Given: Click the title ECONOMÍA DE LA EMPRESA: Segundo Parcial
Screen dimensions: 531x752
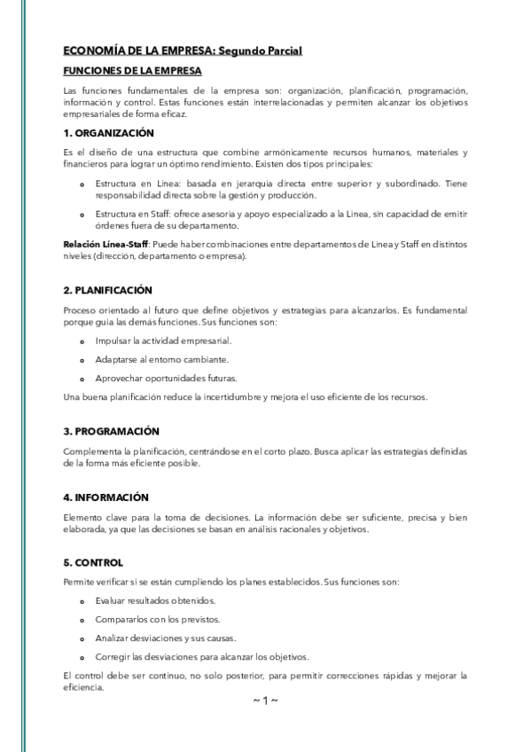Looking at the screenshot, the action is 183,51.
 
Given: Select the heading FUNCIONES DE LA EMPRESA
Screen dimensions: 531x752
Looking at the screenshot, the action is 133,70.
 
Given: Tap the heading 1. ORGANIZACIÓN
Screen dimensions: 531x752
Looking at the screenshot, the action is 109,133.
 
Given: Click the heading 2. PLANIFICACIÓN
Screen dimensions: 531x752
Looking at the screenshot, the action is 108,290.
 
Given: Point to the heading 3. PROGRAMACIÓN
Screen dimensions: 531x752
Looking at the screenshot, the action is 111,431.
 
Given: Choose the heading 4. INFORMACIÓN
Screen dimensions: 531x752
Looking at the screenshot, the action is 106,497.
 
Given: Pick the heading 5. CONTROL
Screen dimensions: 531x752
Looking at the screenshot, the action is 93,562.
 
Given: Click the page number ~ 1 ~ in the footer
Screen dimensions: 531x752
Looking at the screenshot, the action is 265,701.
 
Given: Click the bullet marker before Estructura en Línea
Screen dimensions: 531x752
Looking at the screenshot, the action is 82,184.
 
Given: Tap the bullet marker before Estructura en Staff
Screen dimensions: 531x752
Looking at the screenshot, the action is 82,215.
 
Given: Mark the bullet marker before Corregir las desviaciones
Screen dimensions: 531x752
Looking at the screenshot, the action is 82,658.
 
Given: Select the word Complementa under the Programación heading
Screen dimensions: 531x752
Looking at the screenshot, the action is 93,451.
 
